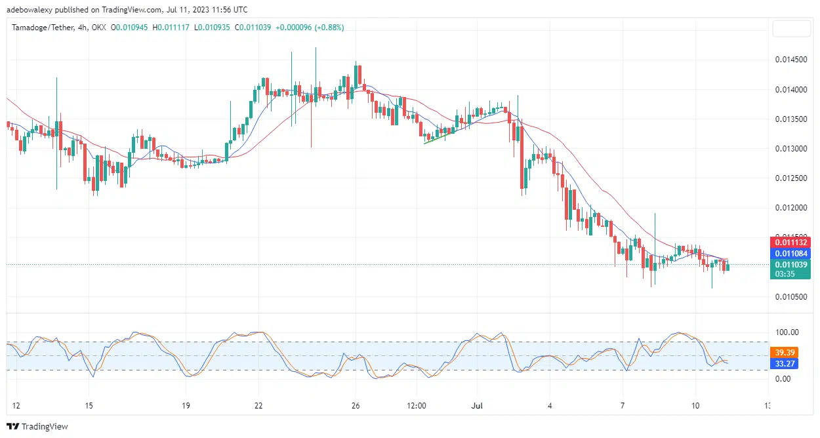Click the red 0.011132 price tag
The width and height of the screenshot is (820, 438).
(790, 243)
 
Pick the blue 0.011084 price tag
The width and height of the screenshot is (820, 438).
(790, 253)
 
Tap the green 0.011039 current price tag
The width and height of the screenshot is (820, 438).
(790, 265)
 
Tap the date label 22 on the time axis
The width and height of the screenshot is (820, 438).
(258, 405)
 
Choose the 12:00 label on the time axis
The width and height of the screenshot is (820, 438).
(417, 405)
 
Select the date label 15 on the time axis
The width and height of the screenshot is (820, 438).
(89, 405)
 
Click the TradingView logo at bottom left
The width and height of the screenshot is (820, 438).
(38, 427)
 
